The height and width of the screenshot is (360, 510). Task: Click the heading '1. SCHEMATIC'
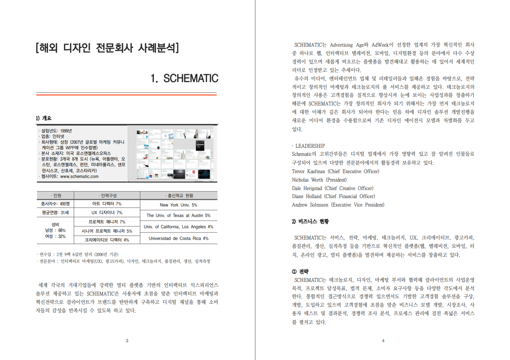(x=184, y=79)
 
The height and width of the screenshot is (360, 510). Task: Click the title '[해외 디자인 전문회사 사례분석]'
(x=107, y=48)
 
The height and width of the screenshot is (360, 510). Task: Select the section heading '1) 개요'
(x=44, y=118)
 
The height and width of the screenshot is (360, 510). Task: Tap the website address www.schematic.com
(x=79, y=176)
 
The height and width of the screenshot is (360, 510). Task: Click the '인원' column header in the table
(x=55, y=196)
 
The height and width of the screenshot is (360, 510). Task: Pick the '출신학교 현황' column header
(x=178, y=196)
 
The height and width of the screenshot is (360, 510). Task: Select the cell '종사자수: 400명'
(x=55, y=204)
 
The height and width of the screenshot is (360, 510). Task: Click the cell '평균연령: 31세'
(x=55, y=213)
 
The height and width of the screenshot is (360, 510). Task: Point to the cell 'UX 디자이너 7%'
(x=107, y=213)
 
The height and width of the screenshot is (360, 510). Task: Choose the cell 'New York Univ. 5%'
(x=178, y=205)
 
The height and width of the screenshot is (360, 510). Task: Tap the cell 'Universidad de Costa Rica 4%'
(x=178, y=238)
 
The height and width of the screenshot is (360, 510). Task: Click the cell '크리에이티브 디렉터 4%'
(x=107, y=240)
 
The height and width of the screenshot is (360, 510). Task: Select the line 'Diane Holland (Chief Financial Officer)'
(x=333, y=197)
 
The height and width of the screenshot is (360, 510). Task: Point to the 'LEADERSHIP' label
(x=310, y=146)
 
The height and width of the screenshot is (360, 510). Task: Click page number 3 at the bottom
(x=127, y=341)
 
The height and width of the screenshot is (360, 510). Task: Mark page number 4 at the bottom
(x=383, y=341)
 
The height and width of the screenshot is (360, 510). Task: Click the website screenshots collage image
(x=172, y=153)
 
